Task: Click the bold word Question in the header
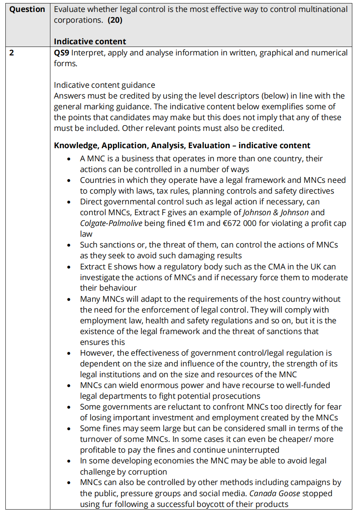[x=27, y=10]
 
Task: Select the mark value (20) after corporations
[x=115, y=20]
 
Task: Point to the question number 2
[x=12, y=53]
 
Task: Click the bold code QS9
[x=62, y=53]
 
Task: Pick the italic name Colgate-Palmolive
[x=111, y=223]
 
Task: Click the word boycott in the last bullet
[x=239, y=504]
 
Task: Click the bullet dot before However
[x=69, y=353]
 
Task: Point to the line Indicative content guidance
[x=104, y=85]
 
